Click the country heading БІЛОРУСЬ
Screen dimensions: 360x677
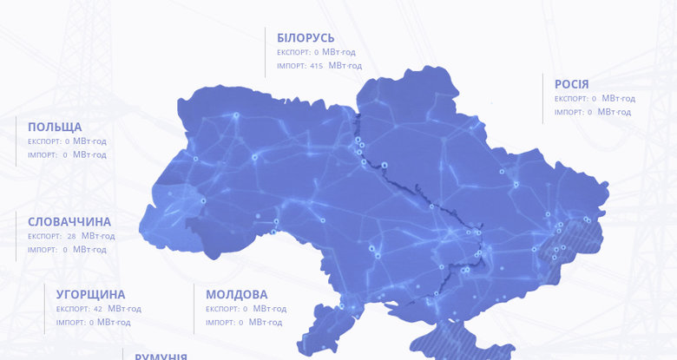point(306,38)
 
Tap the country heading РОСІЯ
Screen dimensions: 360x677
point(571,84)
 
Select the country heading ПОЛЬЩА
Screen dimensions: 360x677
point(55,127)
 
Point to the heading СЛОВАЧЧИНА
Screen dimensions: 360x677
point(69,221)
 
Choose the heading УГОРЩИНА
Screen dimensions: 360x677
point(90,294)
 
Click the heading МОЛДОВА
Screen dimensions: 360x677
point(237,294)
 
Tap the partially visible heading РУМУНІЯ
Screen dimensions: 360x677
point(161,356)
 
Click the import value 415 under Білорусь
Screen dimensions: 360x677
point(316,66)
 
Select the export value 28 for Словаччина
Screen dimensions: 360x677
point(72,236)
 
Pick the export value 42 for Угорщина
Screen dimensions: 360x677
point(98,309)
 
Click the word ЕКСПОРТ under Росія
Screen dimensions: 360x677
point(571,99)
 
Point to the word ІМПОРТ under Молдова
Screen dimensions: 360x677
point(220,323)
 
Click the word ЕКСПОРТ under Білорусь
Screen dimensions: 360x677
point(292,52)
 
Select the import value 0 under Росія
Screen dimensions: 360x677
point(589,113)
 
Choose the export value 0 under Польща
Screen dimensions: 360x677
point(67,141)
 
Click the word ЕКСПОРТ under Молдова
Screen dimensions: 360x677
point(221,309)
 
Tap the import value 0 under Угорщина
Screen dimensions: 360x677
point(92,323)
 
